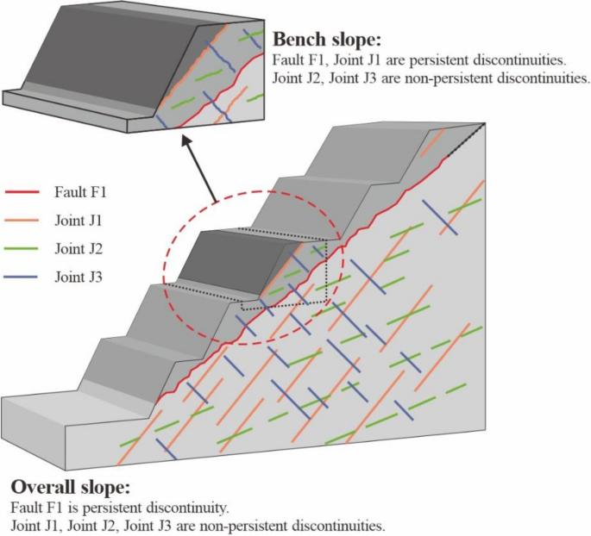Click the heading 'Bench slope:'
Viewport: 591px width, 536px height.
(x=326, y=40)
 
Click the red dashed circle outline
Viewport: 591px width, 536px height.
(x=165, y=266)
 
